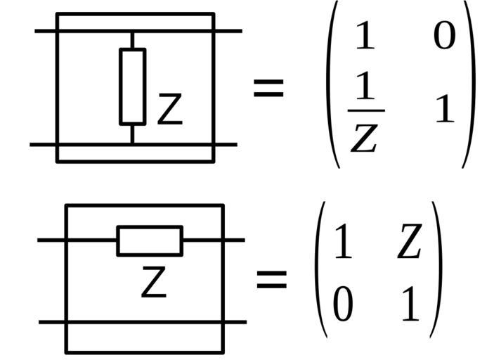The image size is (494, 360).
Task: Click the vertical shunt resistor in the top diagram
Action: (x=132, y=86)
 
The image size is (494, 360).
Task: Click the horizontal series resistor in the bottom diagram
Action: (x=150, y=240)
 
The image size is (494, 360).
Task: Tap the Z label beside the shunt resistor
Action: (x=169, y=110)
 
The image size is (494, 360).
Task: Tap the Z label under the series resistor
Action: (x=154, y=281)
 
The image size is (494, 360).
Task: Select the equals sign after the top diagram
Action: (x=268, y=89)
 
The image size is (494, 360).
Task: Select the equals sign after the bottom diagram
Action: (x=271, y=279)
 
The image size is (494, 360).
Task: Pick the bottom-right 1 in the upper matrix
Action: (x=444, y=110)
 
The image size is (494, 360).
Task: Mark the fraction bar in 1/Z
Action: (x=365, y=110)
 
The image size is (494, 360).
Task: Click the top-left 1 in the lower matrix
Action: (x=342, y=243)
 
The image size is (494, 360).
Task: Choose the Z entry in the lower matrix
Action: (x=409, y=243)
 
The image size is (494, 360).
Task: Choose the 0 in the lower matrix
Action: (x=342, y=307)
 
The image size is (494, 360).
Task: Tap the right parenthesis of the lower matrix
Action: (x=436, y=271)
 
